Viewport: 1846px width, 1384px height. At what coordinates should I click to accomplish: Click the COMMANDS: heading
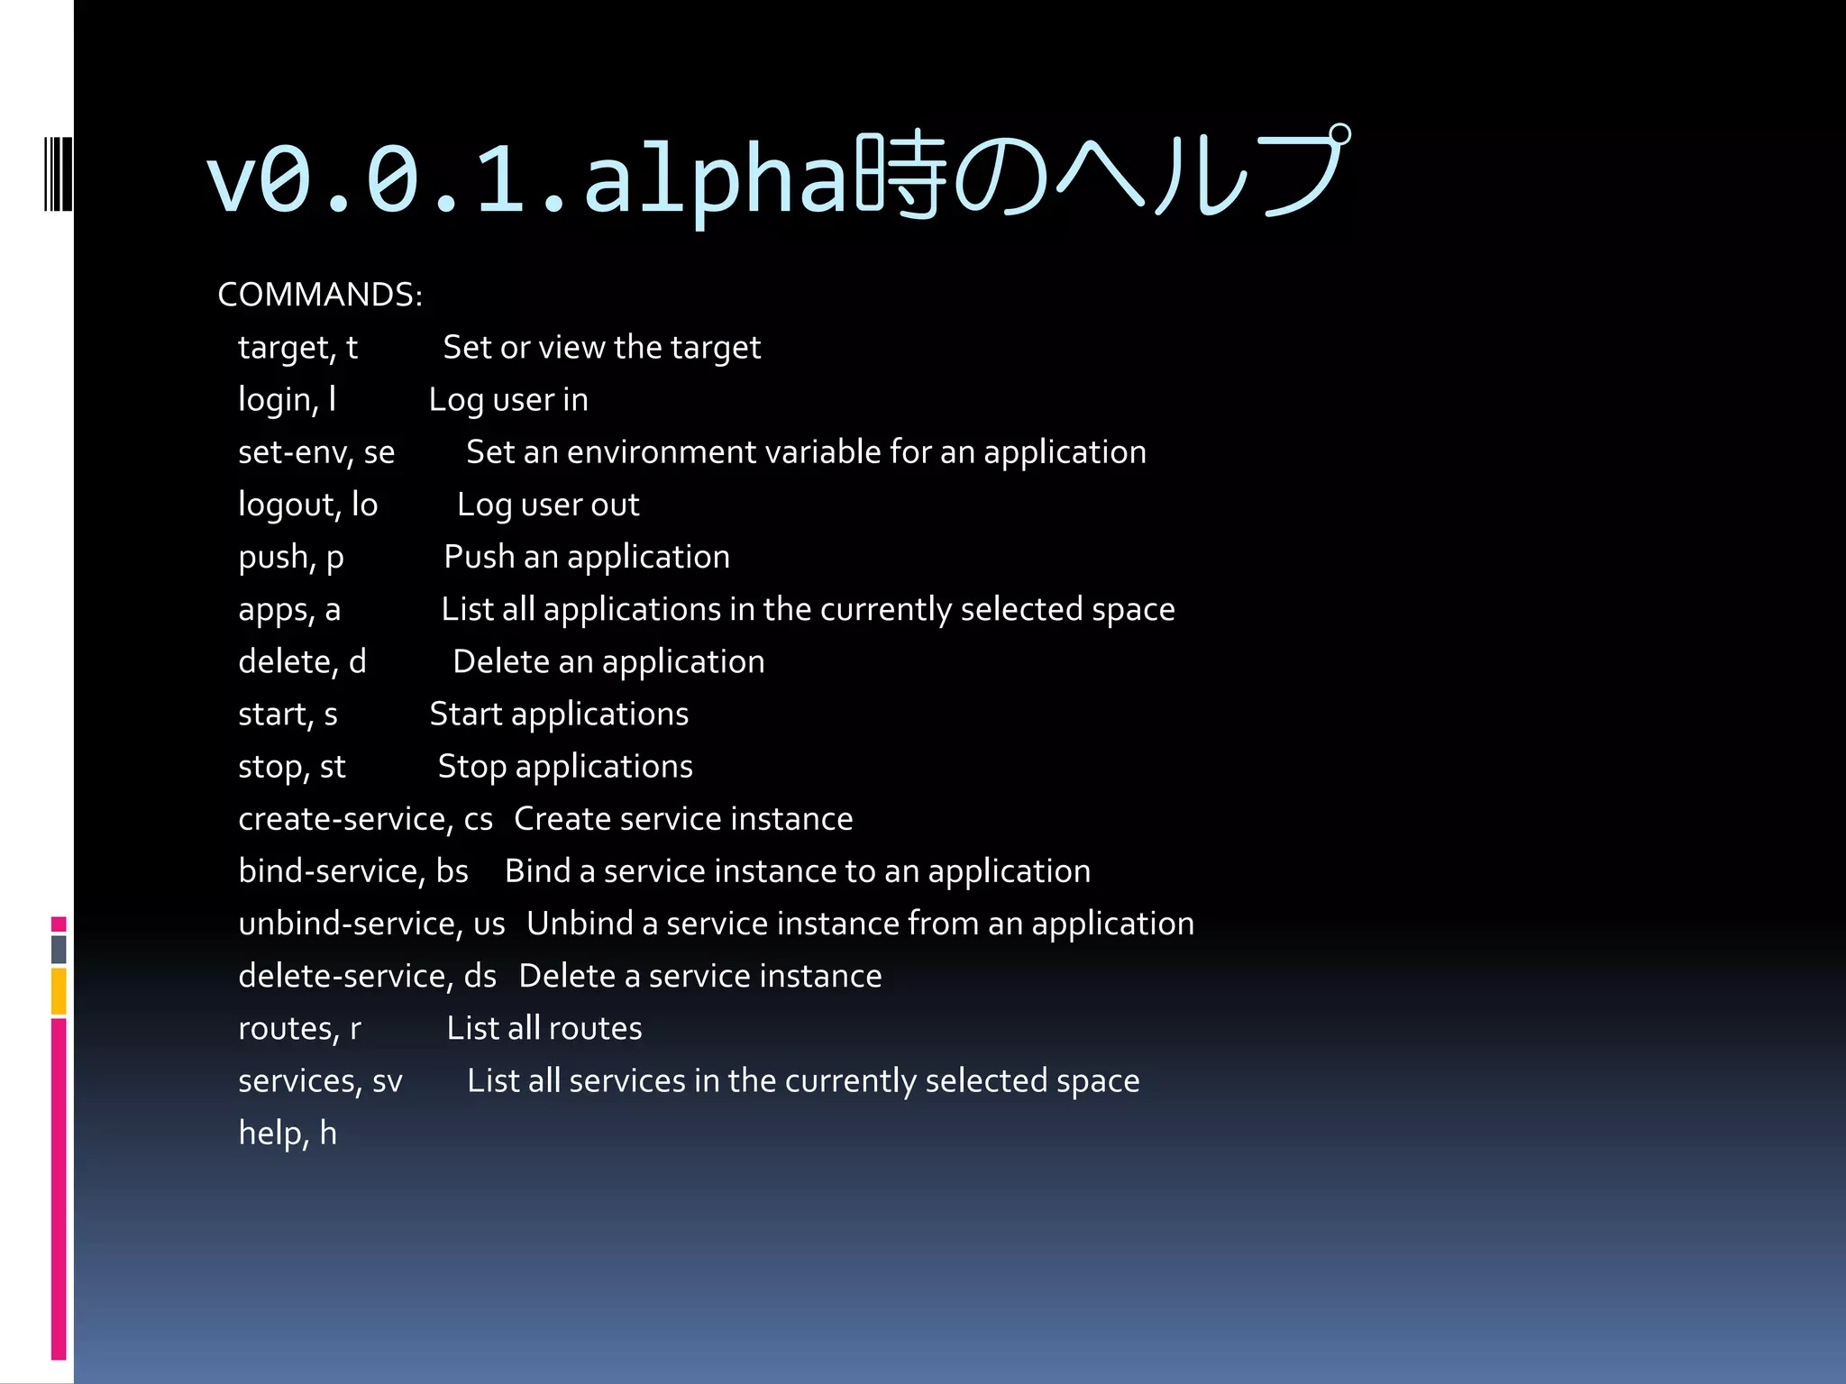(320, 295)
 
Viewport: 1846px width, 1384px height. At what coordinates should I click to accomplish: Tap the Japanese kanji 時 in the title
(901, 176)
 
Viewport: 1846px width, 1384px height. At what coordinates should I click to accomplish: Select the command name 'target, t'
(297, 348)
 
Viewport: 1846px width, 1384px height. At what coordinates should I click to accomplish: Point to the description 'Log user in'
(508, 400)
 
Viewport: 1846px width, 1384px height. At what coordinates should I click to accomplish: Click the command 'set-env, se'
(316, 452)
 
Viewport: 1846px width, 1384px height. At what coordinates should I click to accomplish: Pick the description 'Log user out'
(548, 505)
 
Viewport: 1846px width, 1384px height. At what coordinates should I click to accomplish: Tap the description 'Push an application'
(587, 557)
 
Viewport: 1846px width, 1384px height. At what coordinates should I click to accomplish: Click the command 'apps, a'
(289, 610)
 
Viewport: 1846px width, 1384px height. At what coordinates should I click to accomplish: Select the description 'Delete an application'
(608, 662)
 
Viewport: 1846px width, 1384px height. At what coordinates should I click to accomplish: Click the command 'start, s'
(288, 715)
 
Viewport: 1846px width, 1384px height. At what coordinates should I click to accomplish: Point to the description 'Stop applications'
(565, 767)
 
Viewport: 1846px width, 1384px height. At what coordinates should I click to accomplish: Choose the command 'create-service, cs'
(365, 819)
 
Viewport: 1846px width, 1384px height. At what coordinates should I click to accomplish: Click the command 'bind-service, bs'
(353, 871)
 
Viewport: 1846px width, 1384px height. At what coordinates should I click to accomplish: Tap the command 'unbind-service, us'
(371, 924)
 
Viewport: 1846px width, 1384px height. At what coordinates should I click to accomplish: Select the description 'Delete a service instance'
(700, 976)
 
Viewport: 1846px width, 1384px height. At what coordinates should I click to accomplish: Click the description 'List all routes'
(544, 1028)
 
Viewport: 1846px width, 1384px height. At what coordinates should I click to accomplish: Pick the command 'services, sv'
(320, 1080)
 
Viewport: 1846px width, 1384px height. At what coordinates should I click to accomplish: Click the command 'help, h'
(288, 1133)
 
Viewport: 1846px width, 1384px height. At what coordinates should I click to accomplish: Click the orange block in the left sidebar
(59, 991)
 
